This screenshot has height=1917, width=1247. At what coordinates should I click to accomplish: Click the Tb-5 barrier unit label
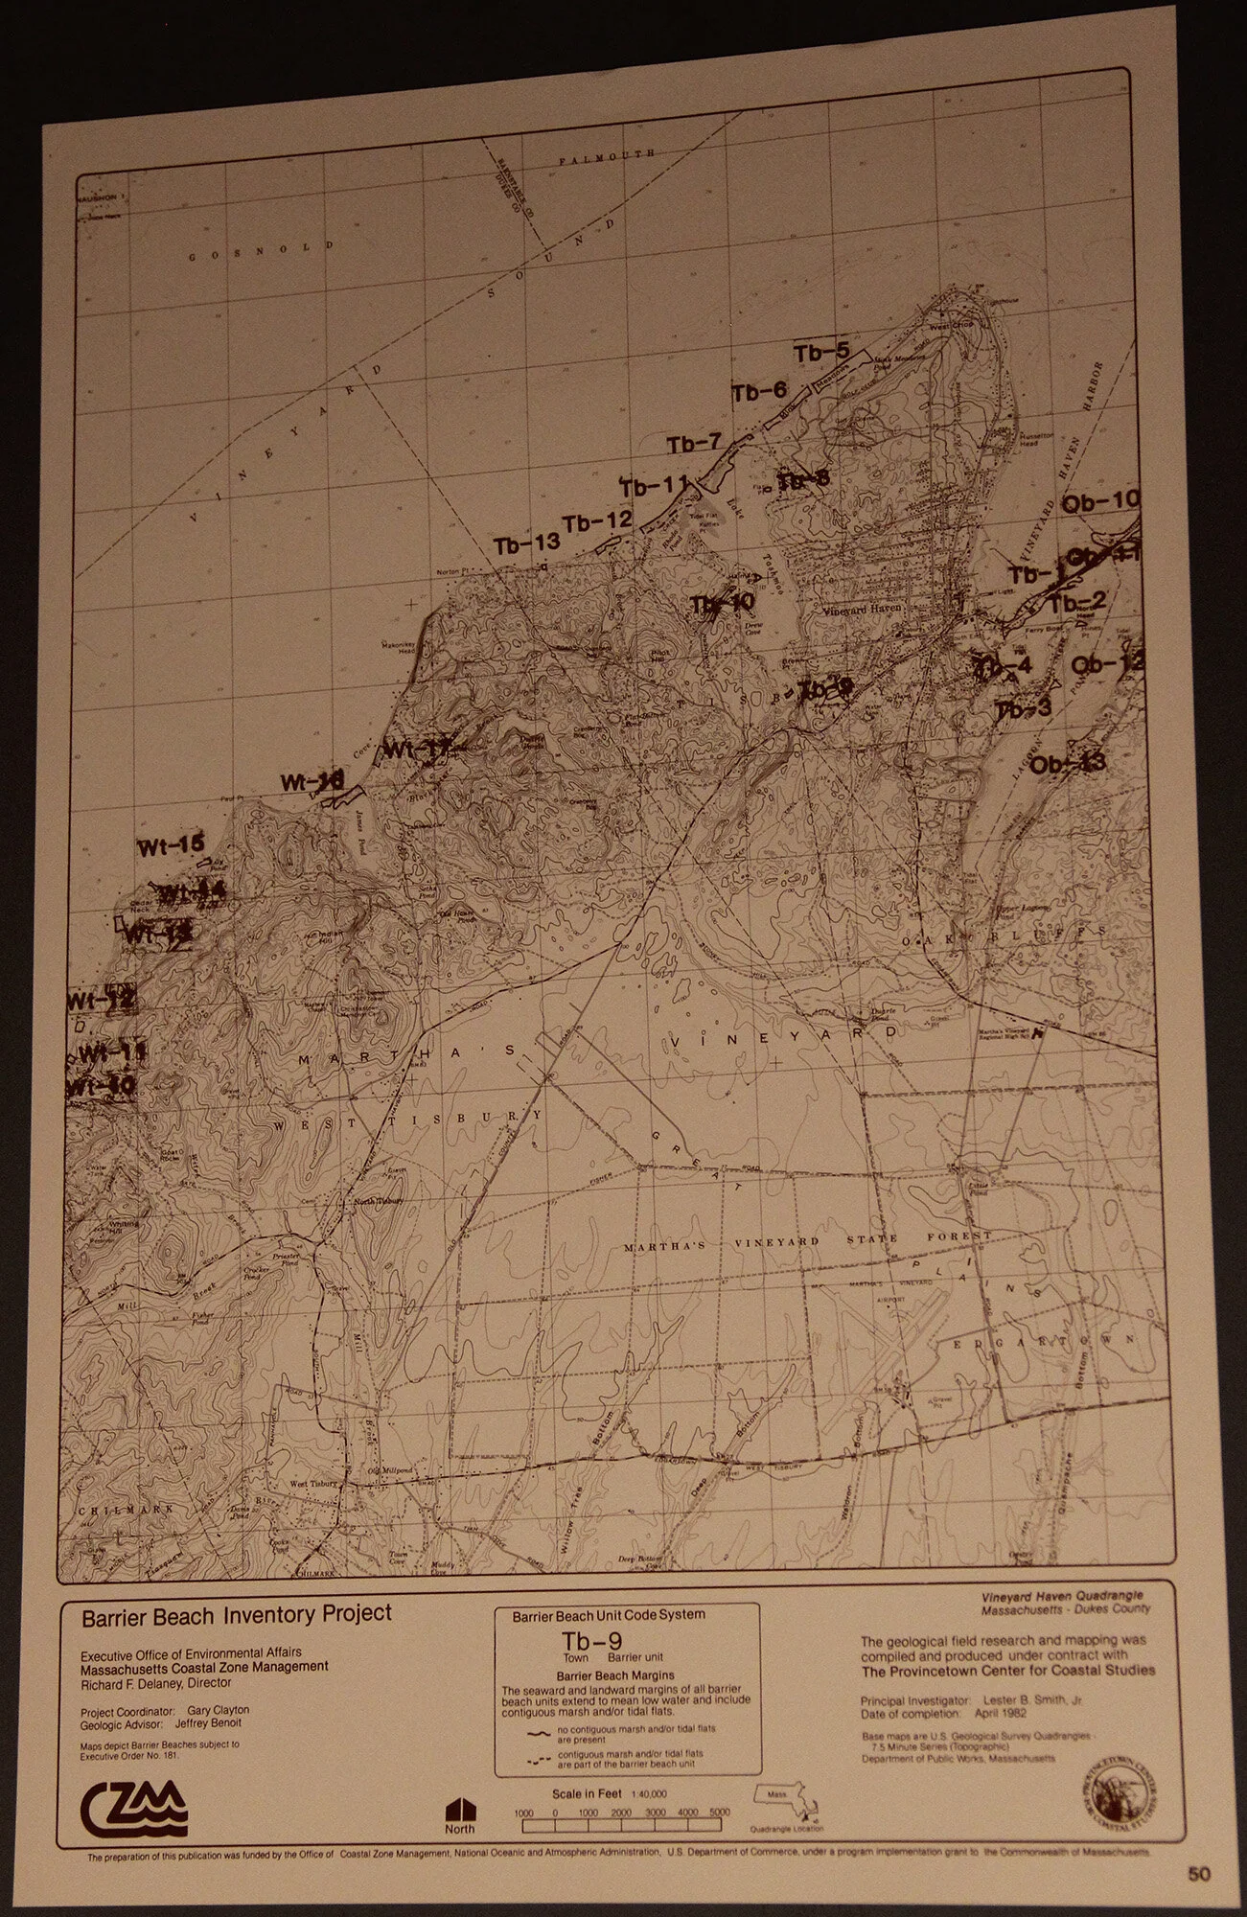(x=821, y=353)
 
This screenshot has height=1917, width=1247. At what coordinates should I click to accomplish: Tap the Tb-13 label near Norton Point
(x=526, y=544)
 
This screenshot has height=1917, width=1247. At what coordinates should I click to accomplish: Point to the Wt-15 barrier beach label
(x=171, y=845)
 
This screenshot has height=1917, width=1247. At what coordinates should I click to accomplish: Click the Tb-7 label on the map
(x=694, y=444)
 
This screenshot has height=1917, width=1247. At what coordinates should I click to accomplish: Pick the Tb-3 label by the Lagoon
(x=1024, y=710)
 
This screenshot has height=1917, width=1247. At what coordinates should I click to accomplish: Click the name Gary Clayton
(x=219, y=1710)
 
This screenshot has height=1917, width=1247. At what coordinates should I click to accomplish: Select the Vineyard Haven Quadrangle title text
(x=1061, y=1596)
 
